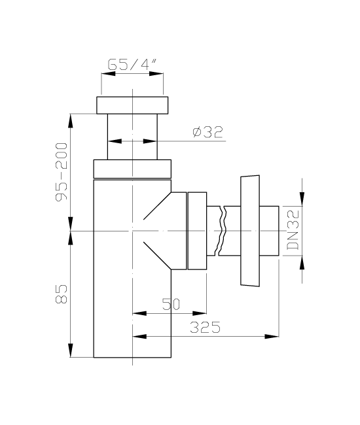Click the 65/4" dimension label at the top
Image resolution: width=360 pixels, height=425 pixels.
132,65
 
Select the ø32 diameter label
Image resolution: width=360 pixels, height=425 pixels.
207,132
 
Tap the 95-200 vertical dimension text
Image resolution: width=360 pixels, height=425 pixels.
62,172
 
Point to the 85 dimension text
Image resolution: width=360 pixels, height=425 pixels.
62,294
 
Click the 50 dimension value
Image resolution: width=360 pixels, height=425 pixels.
171,304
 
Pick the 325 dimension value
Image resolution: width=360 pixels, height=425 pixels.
205,327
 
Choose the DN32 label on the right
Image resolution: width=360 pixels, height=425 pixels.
293,230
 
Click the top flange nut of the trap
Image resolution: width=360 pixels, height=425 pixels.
132,105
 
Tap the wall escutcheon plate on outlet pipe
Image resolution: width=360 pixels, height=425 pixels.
250,230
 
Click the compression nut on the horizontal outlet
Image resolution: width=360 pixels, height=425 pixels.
197,231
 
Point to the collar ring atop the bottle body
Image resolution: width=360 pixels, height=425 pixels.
132,169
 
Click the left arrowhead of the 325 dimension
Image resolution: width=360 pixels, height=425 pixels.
139,337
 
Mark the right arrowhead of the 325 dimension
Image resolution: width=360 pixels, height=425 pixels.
272,337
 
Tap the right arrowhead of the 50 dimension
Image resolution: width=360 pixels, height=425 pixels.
200,314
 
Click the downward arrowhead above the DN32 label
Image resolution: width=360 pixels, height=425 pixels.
302,199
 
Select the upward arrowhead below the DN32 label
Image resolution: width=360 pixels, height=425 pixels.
302,263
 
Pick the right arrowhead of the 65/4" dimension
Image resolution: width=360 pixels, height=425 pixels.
156,73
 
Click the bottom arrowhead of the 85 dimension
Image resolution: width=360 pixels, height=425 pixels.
71,350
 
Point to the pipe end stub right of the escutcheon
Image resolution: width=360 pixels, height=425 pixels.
269,231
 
